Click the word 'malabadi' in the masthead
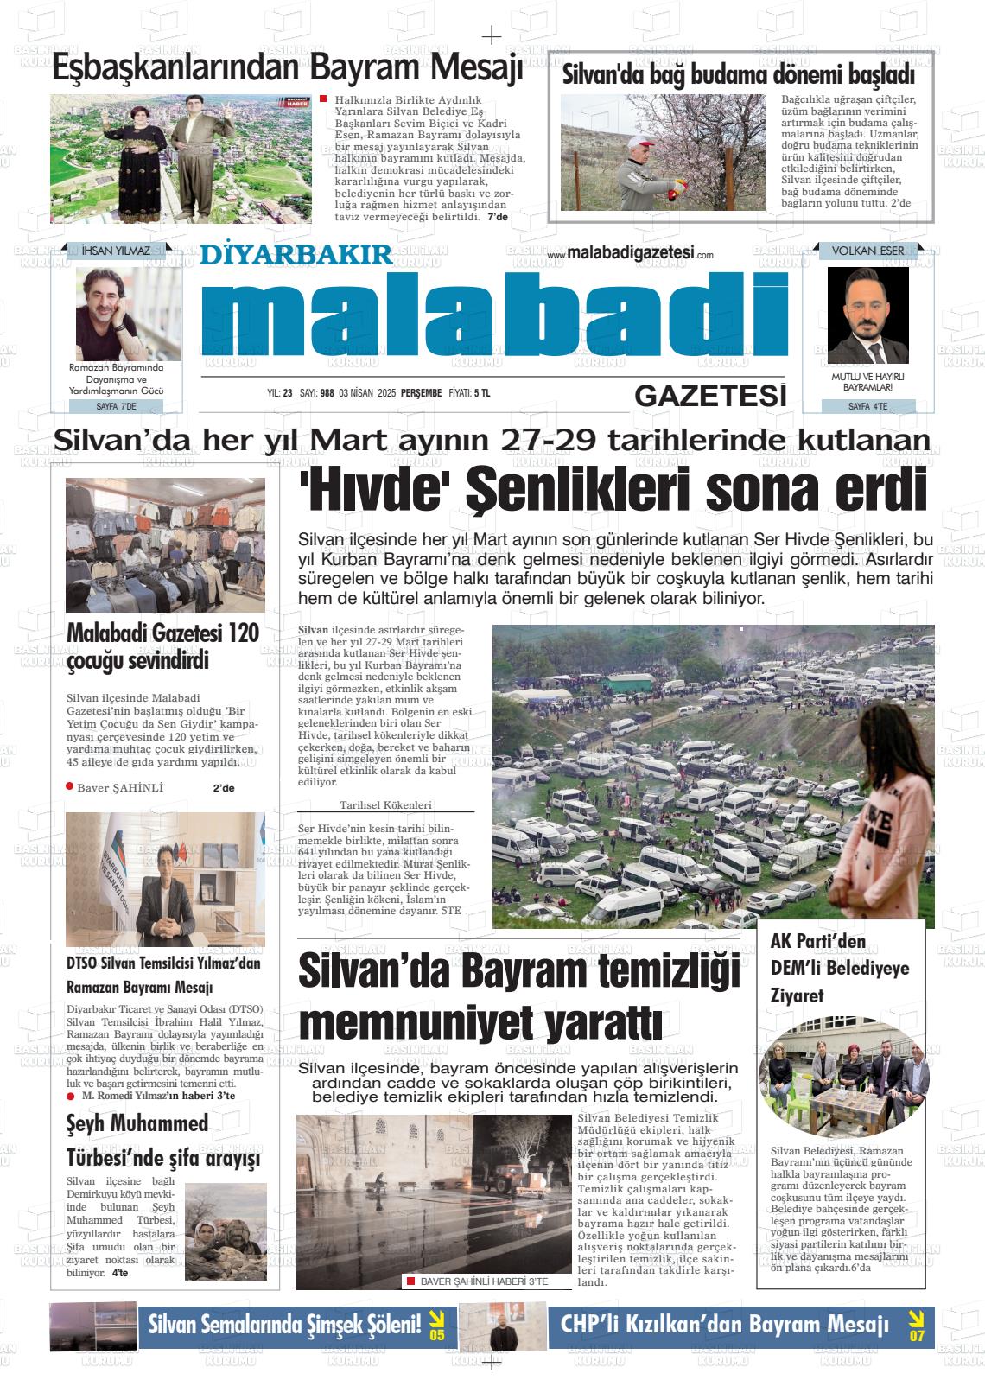[494, 315]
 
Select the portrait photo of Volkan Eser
[867, 315]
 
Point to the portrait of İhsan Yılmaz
[116, 308]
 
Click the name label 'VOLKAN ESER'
[867, 251]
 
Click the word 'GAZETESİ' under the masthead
[710, 396]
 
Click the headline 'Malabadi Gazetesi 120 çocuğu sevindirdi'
[163, 646]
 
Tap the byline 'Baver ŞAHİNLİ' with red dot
[119, 787]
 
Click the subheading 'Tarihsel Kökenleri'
[385, 804]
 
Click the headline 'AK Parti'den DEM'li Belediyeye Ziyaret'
[839, 969]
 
